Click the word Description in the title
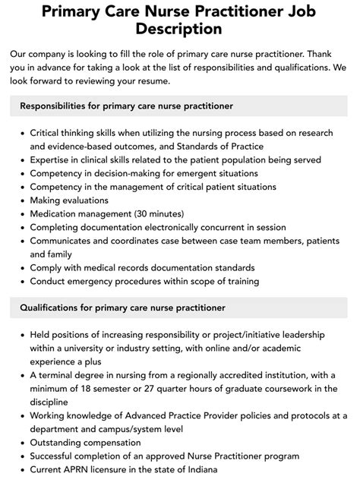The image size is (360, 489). (179, 30)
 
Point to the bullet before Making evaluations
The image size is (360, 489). (22, 200)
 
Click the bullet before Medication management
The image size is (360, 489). (22, 214)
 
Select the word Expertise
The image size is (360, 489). (53, 159)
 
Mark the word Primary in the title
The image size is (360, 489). (73, 11)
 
